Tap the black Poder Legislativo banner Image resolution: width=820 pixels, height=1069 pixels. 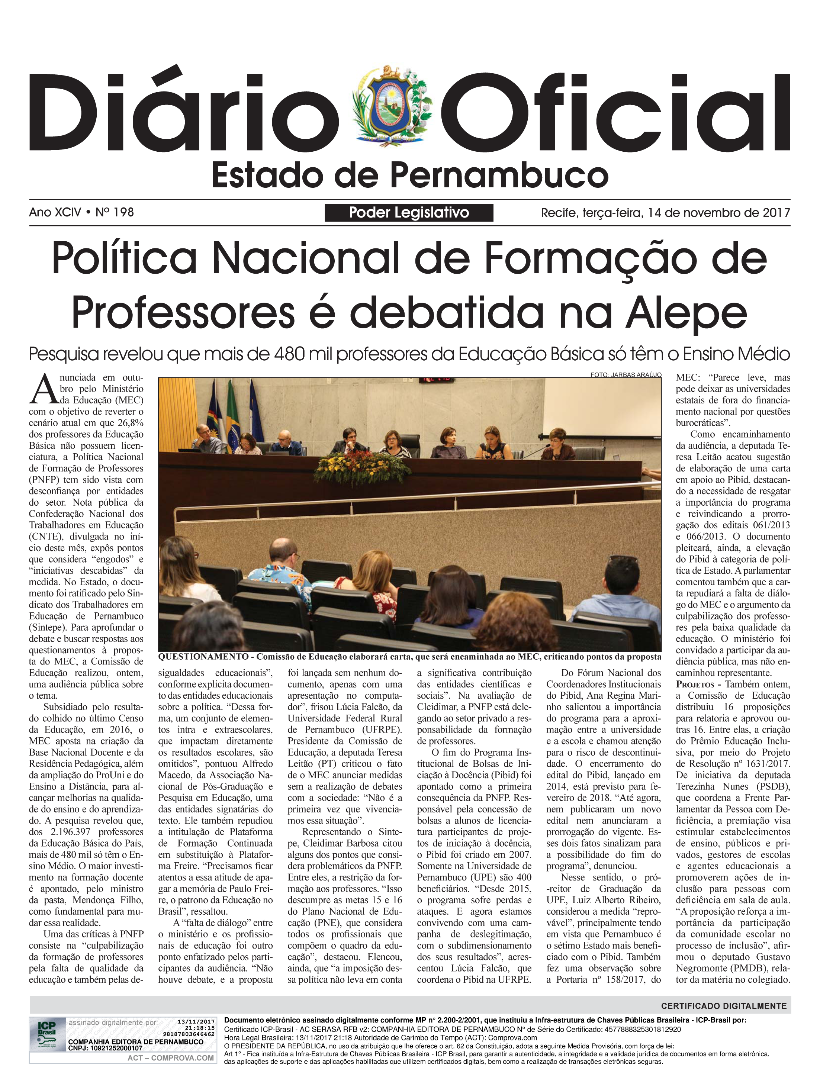409,213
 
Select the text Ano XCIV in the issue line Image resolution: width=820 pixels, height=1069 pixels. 55,212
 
